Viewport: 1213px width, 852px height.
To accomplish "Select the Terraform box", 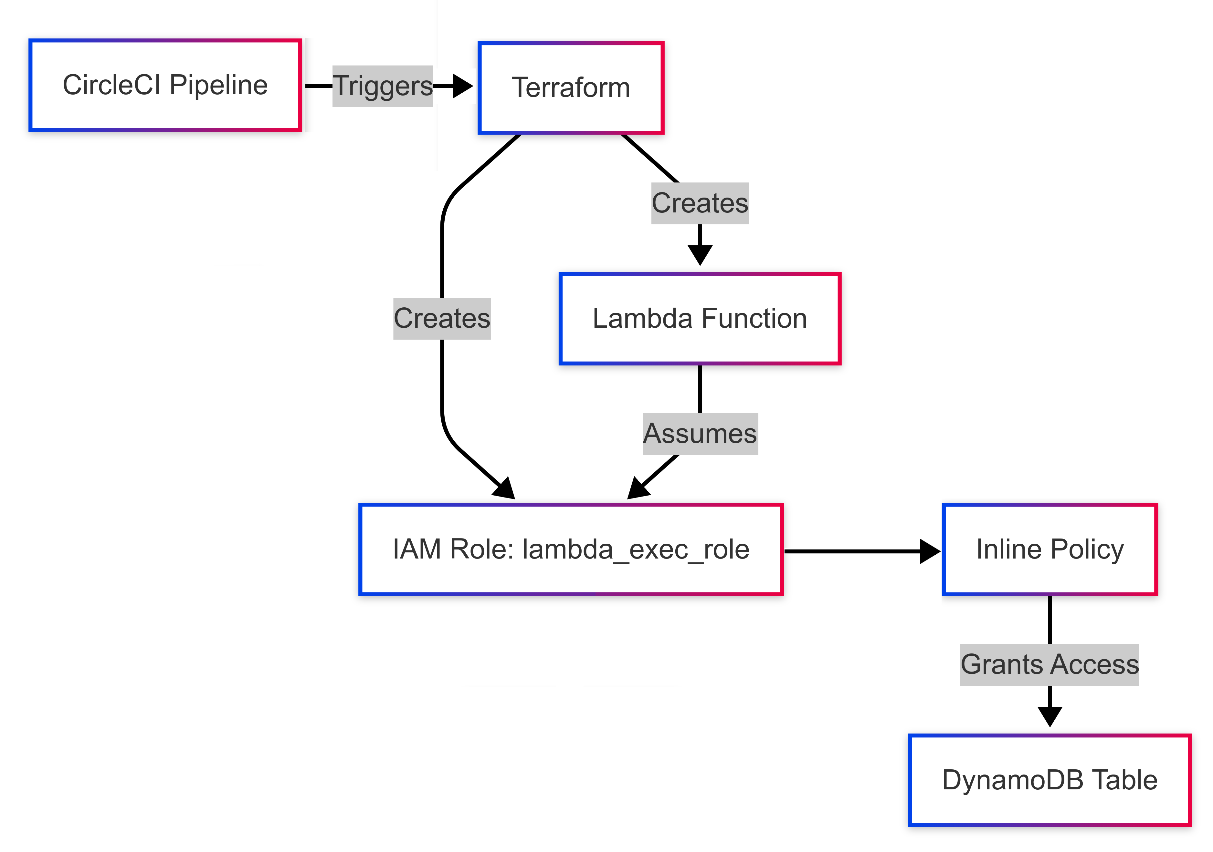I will coord(571,87).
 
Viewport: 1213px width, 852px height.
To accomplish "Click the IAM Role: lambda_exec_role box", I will coord(571,549).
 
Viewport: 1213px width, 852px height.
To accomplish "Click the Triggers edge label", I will coord(383,86).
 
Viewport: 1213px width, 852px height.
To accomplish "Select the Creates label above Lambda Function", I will coord(700,203).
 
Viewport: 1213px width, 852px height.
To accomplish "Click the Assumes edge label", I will coord(700,434).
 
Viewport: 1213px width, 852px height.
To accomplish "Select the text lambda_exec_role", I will coord(636,549).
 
